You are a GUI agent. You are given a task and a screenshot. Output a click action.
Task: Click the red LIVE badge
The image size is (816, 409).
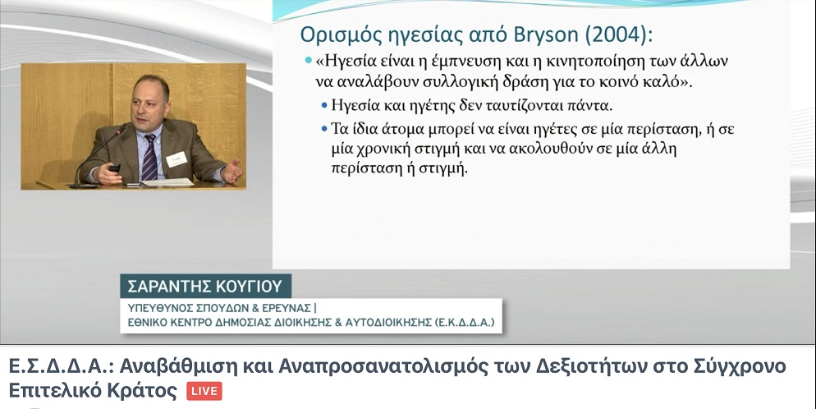[x=204, y=391]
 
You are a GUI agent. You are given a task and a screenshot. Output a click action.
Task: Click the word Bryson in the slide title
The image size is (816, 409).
[x=546, y=34]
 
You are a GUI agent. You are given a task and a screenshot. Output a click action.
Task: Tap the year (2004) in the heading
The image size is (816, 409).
[x=618, y=34]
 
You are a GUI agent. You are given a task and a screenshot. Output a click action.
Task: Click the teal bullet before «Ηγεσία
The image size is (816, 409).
[x=309, y=60]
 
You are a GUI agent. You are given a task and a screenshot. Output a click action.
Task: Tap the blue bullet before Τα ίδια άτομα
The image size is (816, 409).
[x=324, y=128]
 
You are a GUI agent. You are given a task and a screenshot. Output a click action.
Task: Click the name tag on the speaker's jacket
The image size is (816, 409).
[x=177, y=159]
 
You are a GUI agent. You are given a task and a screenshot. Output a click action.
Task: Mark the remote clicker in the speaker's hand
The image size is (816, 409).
[x=114, y=168]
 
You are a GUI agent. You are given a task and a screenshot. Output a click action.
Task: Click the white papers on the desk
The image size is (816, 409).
[x=167, y=182]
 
